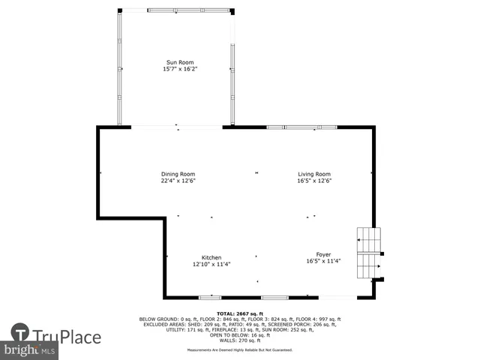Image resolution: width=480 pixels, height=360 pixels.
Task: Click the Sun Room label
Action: coord(179,62)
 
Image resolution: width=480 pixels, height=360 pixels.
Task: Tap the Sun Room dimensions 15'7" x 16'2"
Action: coord(179,69)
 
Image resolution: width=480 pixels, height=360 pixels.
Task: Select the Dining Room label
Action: coord(178,174)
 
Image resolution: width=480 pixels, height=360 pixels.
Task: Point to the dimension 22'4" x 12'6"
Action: coord(178,181)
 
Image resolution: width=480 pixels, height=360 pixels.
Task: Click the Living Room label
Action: coord(314,174)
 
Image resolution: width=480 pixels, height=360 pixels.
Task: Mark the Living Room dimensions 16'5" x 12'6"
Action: coord(314,181)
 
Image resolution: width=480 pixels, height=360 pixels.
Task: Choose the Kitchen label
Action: coord(211,257)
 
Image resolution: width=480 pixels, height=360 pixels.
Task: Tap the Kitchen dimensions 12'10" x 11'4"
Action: coord(211,264)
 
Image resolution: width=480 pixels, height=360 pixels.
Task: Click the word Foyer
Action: coord(323,254)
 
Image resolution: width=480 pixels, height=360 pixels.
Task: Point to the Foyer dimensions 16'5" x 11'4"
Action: coord(323,262)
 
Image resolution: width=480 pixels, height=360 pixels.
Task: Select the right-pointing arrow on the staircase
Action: coord(379,265)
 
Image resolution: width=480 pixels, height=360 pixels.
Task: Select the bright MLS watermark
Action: coord(30,350)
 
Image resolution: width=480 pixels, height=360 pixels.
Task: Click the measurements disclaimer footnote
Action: coord(240,349)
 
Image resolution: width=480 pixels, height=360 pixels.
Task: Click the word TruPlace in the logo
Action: coord(66,337)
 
